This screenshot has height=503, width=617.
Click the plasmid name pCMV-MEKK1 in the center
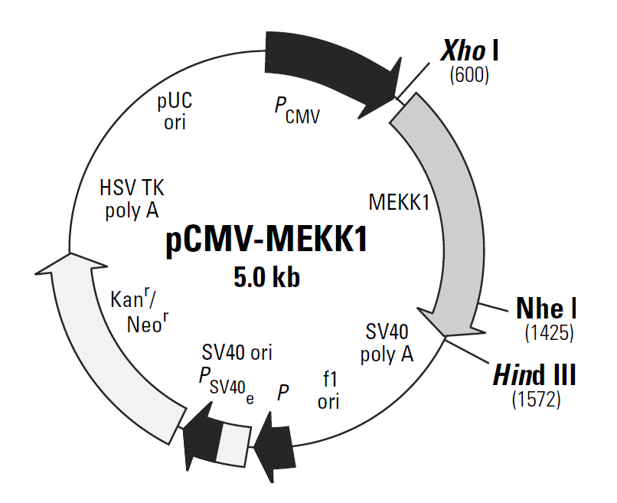point(266,240)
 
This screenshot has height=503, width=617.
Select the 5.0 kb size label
point(266,276)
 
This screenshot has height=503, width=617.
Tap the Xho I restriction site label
point(469,51)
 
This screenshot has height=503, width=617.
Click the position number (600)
point(469,74)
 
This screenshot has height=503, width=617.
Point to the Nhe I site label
point(547,309)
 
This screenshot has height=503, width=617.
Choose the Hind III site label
point(534,375)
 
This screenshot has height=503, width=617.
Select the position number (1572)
point(536,399)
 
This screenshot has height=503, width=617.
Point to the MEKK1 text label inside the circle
point(398,203)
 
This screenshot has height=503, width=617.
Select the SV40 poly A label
point(387,343)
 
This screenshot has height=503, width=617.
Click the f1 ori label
point(328,389)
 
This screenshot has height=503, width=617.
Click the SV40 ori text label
point(237,353)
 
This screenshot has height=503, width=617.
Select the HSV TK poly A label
point(132,198)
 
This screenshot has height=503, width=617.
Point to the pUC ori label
point(175,111)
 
